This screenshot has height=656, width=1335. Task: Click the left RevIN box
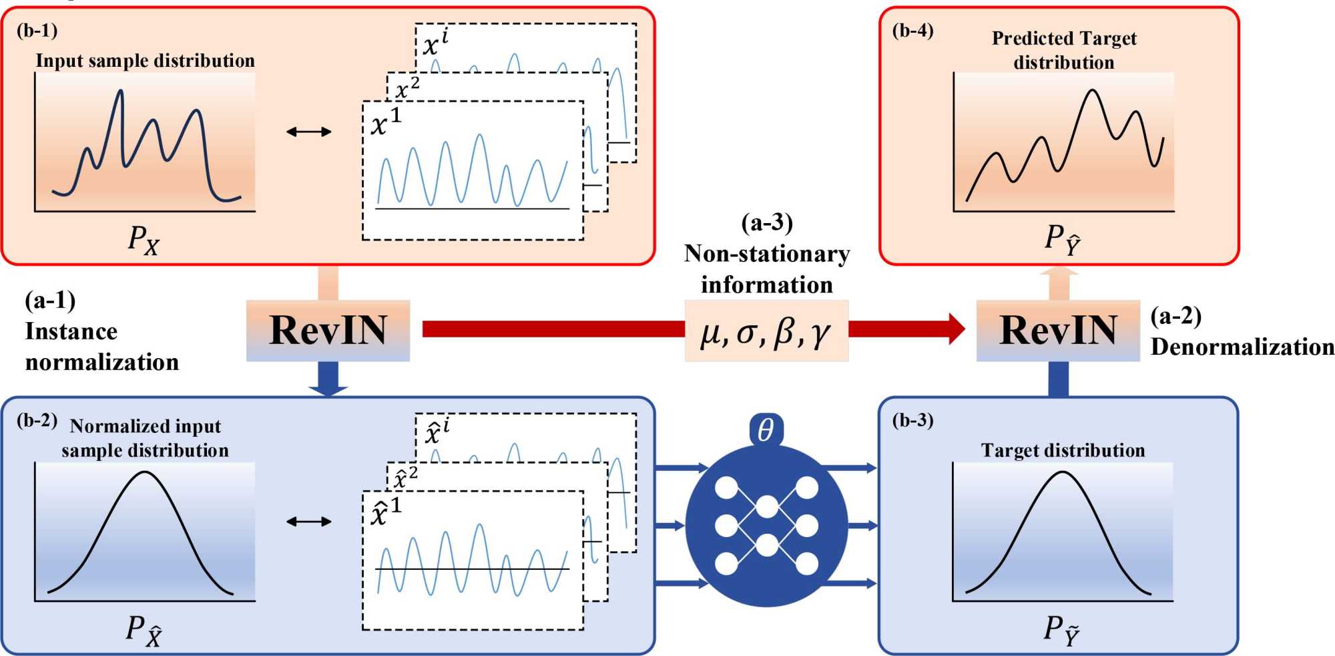(328, 331)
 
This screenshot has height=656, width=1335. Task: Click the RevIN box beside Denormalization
(1058, 331)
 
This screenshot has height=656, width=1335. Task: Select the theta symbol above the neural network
(766, 430)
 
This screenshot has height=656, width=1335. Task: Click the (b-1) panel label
(37, 31)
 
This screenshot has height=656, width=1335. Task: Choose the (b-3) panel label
(912, 420)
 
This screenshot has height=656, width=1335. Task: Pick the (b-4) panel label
(912, 31)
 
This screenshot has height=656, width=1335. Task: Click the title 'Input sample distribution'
(145, 61)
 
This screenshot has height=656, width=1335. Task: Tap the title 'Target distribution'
(1063, 450)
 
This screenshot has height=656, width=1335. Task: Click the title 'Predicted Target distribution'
(1064, 50)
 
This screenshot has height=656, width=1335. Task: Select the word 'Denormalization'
(1242, 347)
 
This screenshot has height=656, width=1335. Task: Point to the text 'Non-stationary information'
(767, 269)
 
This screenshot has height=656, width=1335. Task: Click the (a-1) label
(50, 301)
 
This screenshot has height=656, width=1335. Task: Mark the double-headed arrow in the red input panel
(309, 132)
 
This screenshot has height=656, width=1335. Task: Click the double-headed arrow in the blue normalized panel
(309, 521)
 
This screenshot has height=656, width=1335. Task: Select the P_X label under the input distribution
(144, 239)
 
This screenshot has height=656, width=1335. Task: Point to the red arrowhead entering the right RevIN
(956, 329)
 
